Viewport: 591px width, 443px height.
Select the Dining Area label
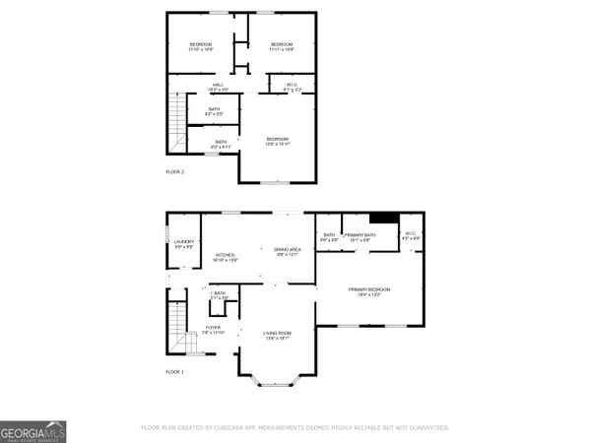[x=288, y=252]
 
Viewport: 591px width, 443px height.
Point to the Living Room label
[x=276, y=335]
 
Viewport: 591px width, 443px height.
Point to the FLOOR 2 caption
[x=174, y=172]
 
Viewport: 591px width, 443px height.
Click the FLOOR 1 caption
[x=174, y=371]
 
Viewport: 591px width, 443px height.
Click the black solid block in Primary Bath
[x=382, y=220]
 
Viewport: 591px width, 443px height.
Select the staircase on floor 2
[x=176, y=115]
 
